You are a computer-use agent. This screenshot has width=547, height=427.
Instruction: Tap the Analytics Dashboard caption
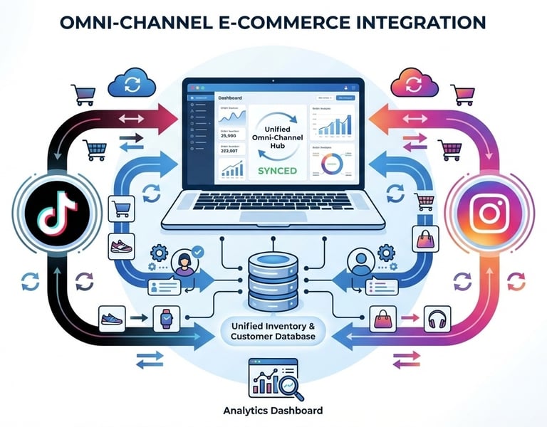273,411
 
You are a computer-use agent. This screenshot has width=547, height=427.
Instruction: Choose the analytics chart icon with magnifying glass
273,377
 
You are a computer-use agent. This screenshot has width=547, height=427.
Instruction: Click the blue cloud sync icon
133,83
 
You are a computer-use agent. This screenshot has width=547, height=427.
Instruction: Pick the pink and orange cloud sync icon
414,83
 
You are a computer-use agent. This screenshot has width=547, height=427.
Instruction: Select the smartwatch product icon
162,317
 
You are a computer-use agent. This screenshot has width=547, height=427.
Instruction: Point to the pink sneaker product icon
118,247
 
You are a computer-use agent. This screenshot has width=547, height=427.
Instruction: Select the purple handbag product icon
427,238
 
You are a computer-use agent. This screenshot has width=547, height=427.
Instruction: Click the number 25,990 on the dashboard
230,135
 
